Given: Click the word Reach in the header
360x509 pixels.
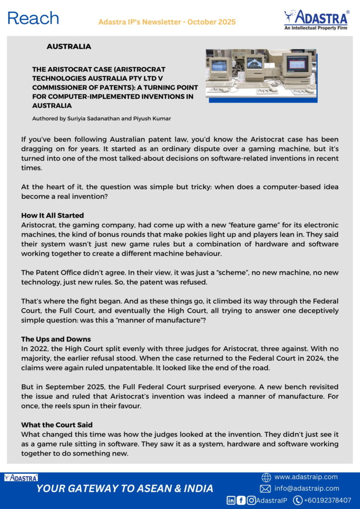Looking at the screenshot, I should point(33,18).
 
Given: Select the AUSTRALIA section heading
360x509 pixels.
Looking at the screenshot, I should point(69,47).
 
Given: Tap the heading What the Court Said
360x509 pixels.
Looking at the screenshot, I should point(56,425).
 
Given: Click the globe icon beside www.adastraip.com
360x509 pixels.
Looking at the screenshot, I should point(266,478).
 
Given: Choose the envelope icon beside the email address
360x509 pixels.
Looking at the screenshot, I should point(265,489).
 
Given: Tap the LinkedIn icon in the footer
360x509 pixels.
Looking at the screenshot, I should point(231,500).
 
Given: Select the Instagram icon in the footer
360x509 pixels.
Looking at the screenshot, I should point(252,500).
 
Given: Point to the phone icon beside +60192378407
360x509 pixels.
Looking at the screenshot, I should point(298,500).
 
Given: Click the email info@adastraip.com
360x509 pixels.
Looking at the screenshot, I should point(307,489).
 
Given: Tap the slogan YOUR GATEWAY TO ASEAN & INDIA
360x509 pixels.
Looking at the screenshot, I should point(125,489).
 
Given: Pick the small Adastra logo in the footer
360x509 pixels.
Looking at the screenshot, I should point(20,478).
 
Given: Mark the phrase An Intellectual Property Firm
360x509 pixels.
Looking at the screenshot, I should point(316,28).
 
